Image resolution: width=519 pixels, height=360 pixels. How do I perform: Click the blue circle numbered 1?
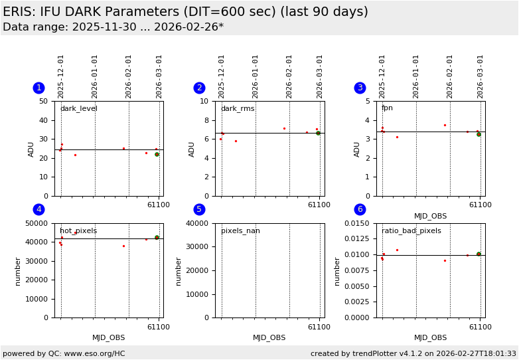pos(38,88)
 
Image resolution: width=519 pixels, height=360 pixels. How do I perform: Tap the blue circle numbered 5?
pos(199,209)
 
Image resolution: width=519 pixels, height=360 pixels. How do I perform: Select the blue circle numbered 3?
pos(360,88)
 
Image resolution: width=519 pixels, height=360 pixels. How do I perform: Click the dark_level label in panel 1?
pos(79,109)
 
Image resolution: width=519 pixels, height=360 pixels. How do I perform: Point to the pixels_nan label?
pos(240,231)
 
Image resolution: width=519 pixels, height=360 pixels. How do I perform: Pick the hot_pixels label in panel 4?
pos(78,231)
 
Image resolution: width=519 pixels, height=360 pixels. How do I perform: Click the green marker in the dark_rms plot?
pos(318,133)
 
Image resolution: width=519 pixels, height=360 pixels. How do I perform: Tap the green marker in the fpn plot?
pos(479,134)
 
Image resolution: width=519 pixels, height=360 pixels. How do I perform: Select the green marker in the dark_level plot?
pos(157,154)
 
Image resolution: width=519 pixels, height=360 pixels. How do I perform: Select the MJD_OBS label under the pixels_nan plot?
pos(269,338)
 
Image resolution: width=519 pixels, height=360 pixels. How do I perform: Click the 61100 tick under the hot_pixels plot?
pos(158,327)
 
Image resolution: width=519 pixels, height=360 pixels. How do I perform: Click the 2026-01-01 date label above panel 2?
pos(256,76)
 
